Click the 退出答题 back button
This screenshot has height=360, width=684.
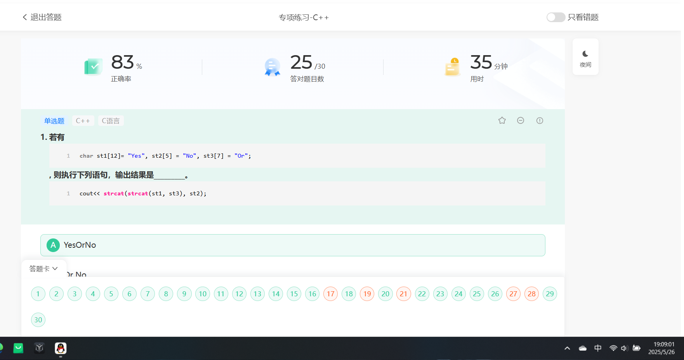42,17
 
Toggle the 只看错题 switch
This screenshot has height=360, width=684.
556,17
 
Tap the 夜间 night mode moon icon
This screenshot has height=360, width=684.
585,54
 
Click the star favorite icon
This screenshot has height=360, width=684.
502,120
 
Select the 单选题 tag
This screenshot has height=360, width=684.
54,121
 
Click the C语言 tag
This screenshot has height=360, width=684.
111,121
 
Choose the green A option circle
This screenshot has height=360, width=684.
53,245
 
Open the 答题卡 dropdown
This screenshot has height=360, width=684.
43,268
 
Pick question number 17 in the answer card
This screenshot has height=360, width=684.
331,294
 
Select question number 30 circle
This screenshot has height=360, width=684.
38,320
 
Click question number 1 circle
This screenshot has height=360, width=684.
38,294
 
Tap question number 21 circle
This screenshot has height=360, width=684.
404,294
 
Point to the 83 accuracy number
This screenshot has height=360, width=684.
123,62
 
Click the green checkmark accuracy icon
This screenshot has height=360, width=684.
94,67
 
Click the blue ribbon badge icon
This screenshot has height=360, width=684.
273,67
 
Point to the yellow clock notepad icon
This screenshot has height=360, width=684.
452,67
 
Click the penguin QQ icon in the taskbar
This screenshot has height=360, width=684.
61,348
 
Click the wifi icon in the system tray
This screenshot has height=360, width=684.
613,348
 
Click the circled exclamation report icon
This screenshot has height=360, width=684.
540,120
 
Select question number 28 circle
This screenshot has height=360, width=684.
532,294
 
